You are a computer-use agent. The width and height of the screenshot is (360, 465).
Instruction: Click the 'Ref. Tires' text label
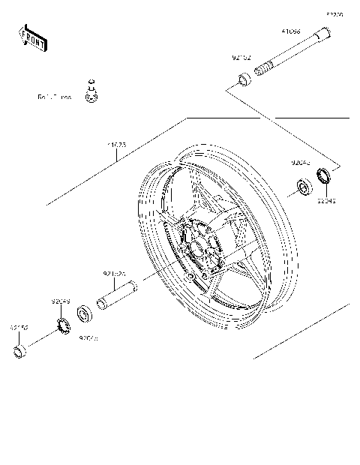tap(54, 97)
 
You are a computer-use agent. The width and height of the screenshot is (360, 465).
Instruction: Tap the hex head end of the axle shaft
tap(325, 33)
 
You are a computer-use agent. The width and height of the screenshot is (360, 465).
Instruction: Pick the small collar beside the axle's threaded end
tap(244, 79)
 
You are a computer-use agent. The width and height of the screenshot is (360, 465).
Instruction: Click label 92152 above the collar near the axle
tap(241, 57)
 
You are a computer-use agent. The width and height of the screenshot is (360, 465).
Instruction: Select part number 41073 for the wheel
tap(118, 143)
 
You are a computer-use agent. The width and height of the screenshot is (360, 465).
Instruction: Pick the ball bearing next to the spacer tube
tap(85, 311)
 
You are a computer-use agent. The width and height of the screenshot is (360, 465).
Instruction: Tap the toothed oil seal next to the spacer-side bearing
tap(62, 323)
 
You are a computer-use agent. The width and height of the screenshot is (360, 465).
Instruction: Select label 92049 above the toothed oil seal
tap(61, 302)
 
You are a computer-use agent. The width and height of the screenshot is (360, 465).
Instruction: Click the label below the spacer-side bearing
tap(89, 338)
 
